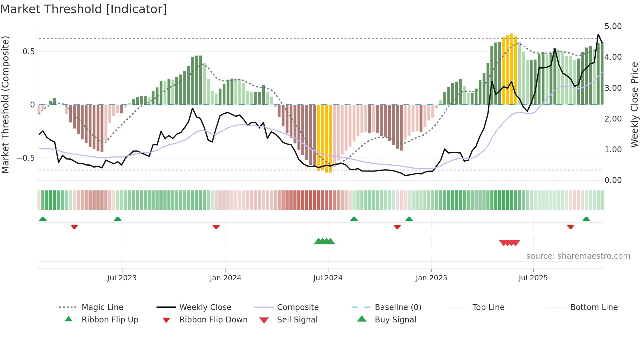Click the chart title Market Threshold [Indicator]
click(x=84, y=9)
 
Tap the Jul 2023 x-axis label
click(x=122, y=278)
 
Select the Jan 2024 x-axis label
click(x=225, y=278)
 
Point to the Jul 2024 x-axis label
click(x=328, y=278)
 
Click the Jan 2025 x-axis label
click(x=431, y=278)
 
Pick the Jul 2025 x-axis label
click(x=533, y=278)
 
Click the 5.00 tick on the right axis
click(x=613, y=26)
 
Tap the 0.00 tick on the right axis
click(x=613, y=180)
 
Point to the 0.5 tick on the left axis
click(x=28, y=52)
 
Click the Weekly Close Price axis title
click(x=634, y=105)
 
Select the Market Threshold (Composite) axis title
click(x=5, y=105)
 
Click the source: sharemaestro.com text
click(x=578, y=256)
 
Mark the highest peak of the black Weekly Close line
click(x=598, y=34)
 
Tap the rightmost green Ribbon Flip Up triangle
click(x=586, y=219)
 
